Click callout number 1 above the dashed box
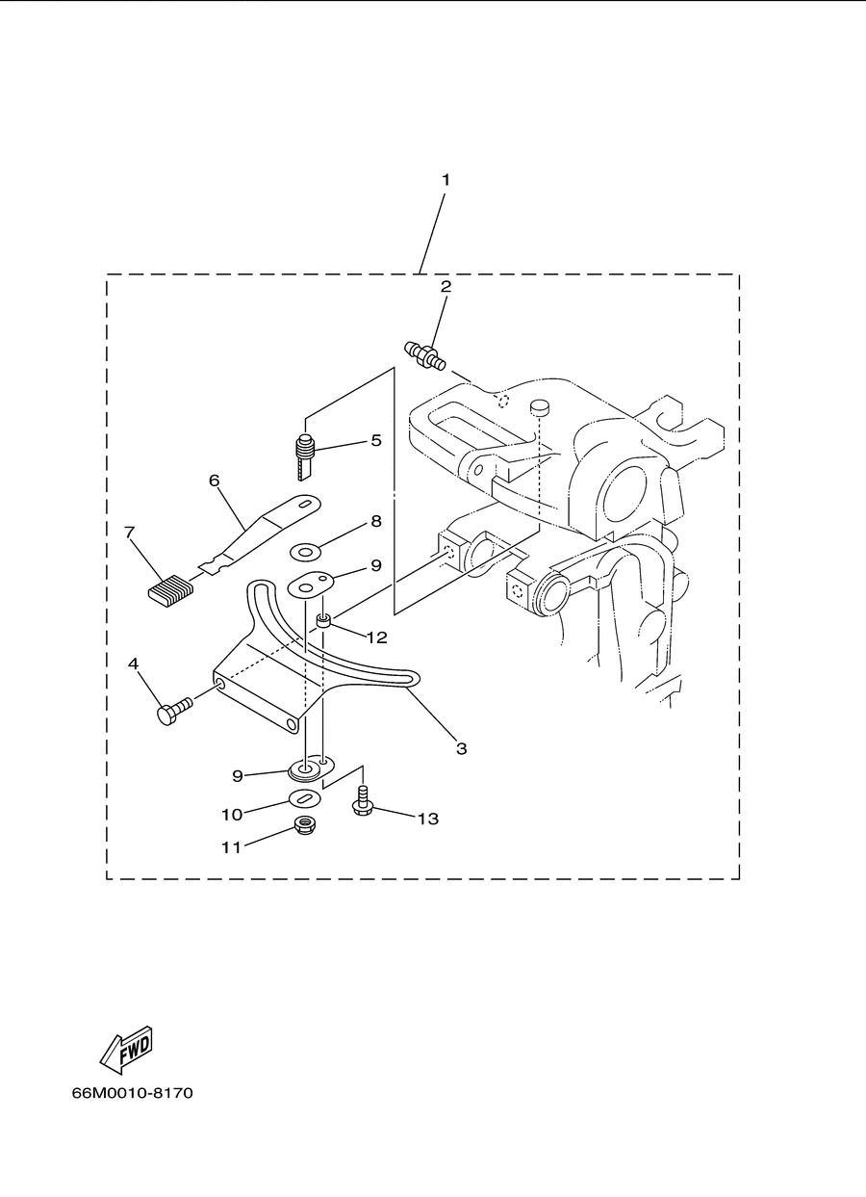[446, 180]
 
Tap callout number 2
[446, 286]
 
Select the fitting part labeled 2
[424, 356]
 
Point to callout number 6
[215, 481]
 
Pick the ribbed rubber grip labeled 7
[171, 590]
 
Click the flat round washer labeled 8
[304, 550]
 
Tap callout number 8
[376, 521]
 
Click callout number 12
[377, 638]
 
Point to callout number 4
[133, 664]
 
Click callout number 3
[462, 748]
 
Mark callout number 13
[427, 819]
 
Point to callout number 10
[232, 815]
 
